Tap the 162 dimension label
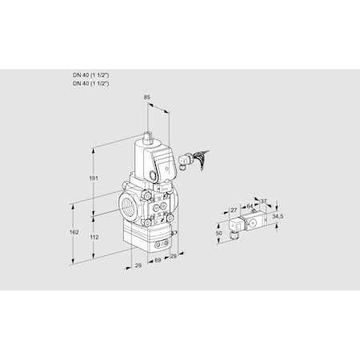click(74, 232)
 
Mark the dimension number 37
click(264, 202)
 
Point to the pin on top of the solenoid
click(150, 131)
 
